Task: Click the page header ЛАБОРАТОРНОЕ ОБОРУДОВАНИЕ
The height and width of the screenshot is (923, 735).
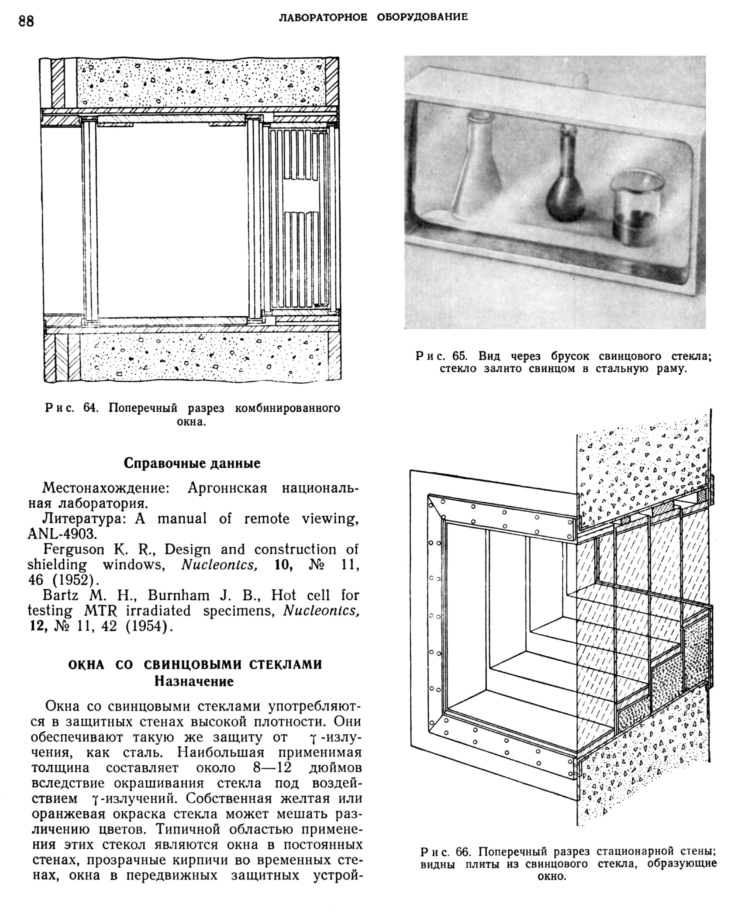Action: click(x=373, y=17)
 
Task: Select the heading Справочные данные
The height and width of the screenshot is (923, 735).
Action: click(x=192, y=463)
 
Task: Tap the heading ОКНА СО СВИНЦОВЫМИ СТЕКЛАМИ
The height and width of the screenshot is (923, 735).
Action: click(x=195, y=665)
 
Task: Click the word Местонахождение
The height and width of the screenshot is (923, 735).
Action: click(x=106, y=488)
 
